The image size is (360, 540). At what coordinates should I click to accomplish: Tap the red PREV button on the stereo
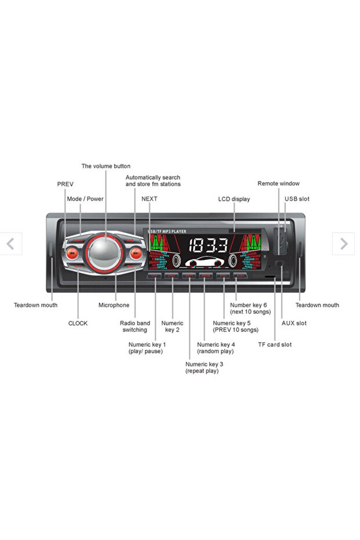(72, 252)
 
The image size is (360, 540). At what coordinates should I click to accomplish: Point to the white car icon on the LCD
(205, 262)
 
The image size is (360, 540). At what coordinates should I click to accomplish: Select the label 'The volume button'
(106, 166)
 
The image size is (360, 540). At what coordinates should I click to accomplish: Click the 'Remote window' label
(278, 183)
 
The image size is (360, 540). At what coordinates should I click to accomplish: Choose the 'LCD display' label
(234, 199)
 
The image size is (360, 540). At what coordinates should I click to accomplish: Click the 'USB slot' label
(297, 199)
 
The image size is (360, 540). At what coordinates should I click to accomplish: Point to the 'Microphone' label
(114, 305)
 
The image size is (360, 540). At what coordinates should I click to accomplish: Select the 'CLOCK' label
(78, 323)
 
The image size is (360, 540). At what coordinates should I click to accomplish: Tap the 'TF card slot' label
(275, 345)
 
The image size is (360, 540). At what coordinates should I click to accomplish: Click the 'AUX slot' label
(294, 323)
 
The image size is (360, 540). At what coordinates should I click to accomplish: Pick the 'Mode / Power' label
(85, 199)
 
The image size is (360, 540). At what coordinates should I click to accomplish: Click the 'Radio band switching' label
(134, 327)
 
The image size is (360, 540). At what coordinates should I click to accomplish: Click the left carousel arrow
(10, 244)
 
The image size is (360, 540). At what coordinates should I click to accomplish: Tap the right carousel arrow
(343, 244)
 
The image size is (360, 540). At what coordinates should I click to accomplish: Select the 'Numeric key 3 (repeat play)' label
(204, 367)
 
